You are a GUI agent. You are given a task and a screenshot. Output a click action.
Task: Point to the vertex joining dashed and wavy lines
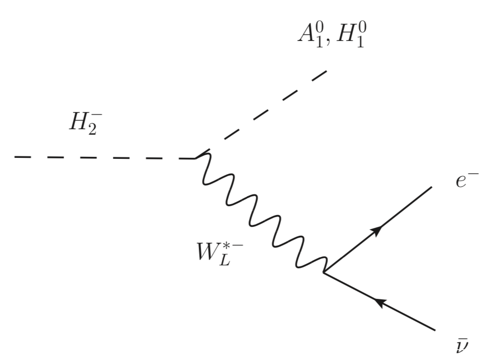point(196,157)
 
